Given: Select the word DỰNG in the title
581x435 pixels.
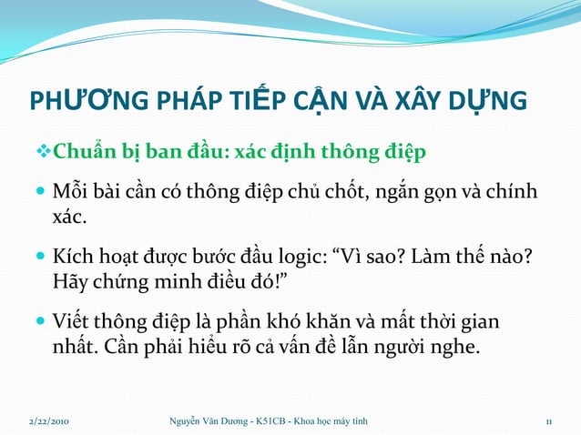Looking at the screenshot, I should (x=493, y=99).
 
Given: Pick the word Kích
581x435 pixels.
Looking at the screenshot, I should (x=72, y=257).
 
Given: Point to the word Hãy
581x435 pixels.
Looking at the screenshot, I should (x=69, y=282).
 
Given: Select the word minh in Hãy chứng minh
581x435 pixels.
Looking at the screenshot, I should (x=182, y=282).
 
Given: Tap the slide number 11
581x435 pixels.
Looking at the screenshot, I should (x=549, y=420).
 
